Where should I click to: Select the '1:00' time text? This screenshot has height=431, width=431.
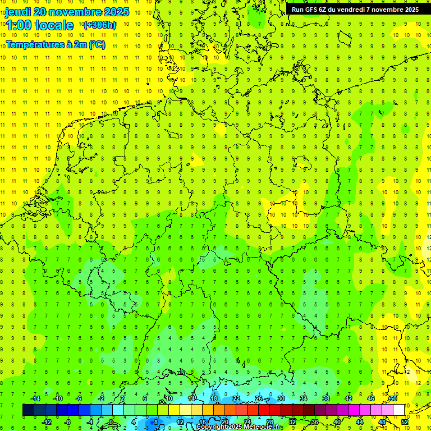point(19,25)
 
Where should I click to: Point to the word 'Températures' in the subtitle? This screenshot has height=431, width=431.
point(33,45)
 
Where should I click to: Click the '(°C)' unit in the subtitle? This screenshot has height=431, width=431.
point(97,45)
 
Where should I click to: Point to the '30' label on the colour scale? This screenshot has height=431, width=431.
point(281,398)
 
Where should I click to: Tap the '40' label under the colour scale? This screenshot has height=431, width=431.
point(337,422)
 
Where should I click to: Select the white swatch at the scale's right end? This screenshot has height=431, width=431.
point(399,410)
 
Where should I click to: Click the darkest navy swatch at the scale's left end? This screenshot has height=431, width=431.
point(28,410)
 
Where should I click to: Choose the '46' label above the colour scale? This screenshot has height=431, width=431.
point(371,398)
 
